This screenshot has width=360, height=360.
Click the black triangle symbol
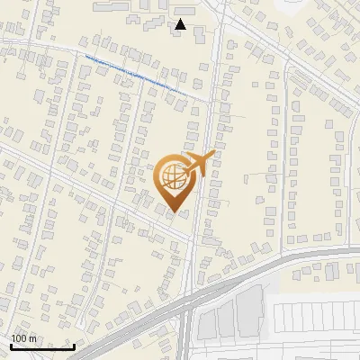pos(181,24)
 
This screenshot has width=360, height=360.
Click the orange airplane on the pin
pos(199,164)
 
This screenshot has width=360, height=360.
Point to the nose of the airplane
pos(213,155)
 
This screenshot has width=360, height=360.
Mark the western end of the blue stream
pos(86,57)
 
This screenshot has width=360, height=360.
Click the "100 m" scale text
pos(23,338)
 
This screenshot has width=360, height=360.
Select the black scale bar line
pos(42,346)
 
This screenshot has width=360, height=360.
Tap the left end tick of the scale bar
pos(11,345)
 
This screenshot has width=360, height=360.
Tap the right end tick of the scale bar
pos(74,345)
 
